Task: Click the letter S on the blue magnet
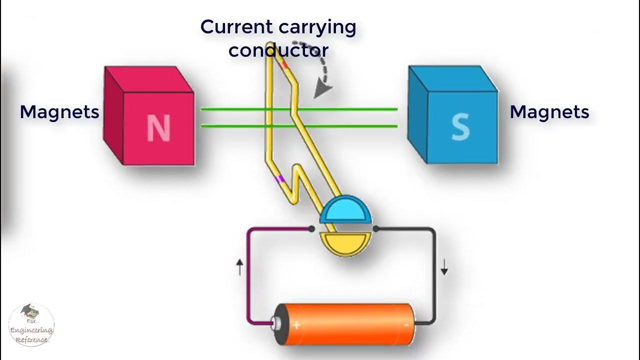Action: point(460,127)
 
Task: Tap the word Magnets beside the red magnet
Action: point(59,112)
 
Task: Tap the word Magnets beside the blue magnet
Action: point(549,112)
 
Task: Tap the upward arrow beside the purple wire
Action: point(239,267)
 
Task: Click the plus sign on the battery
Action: point(296,325)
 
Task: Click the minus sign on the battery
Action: point(406,325)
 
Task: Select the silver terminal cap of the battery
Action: point(274,324)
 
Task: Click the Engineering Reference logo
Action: point(31,325)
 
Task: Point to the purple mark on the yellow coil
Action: point(281,178)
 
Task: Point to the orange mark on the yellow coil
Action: point(283,65)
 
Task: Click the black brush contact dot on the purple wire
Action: point(311,229)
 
